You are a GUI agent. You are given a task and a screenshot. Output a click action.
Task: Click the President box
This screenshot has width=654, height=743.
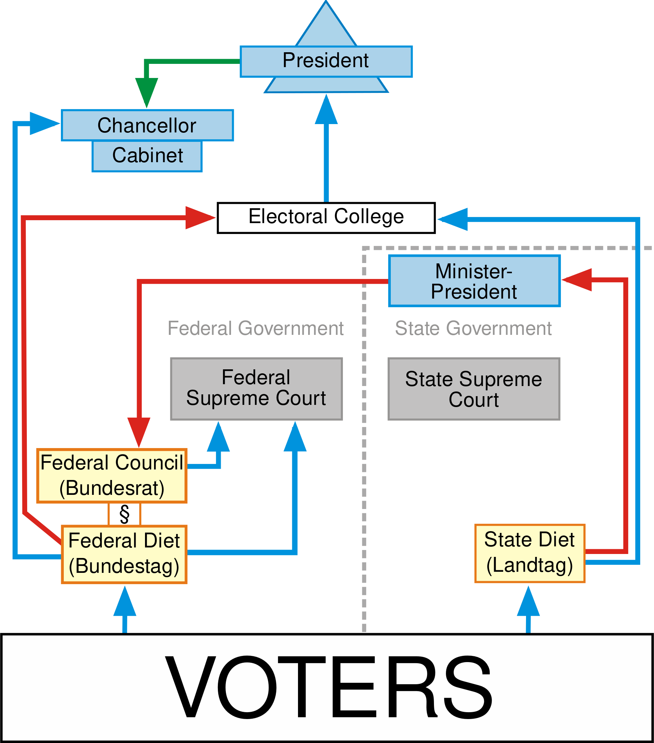pyautogui.click(x=326, y=61)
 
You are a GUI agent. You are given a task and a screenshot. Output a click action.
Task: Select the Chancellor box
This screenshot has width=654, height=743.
pyautogui.click(x=147, y=125)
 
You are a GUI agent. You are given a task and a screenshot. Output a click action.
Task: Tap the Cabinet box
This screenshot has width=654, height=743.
pyautogui.click(x=147, y=156)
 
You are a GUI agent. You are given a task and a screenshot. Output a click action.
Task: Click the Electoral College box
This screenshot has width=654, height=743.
pyautogui.click(x=326, y=217)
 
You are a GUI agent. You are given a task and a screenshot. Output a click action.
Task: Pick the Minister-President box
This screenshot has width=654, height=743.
pyautogui.click(x=474, y=281)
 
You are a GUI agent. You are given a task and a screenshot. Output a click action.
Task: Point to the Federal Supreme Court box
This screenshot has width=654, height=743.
pyautogui.click(x=256, y=389)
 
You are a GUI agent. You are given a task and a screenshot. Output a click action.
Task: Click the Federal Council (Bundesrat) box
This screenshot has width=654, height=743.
pyautogui.click(x=112, y=476)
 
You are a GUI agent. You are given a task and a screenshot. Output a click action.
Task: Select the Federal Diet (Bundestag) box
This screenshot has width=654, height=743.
pyautogui.click(x=124, y=554)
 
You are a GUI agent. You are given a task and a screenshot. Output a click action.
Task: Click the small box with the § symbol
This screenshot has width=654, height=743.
pyautogui.click(x=124, y=514)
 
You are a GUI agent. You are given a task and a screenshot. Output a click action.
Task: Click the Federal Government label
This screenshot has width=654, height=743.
pyautogui.click(x=256, y=328)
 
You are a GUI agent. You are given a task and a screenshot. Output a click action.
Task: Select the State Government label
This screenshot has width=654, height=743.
pyautogui.click(x=473, y=328)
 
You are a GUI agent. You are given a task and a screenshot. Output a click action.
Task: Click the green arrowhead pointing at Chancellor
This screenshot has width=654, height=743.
pyautogui.click(x=146, y=91)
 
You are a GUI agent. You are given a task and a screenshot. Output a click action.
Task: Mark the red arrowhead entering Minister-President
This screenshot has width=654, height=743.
pyautogui.click(x=578, y=280)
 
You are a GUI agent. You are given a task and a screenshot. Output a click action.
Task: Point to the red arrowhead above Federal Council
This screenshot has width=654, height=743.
pyautogui.click(x=139, y=431)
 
